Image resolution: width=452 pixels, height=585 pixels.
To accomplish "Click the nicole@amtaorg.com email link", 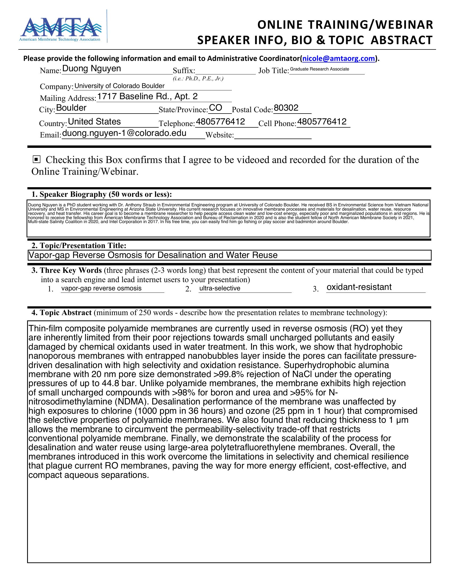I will tap(338, 59).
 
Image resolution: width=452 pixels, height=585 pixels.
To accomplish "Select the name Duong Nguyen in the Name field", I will tap(91, 69).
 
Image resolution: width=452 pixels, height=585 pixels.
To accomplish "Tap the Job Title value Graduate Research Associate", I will tap(319, 69).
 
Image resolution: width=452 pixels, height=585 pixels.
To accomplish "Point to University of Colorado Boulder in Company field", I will tap(119, 86).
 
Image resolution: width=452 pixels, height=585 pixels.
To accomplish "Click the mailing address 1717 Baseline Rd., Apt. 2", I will tap(147, 97).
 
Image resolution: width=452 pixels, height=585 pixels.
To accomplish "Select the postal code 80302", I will tap(286, 108).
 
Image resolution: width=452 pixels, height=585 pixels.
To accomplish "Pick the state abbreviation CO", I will tap(216, 108).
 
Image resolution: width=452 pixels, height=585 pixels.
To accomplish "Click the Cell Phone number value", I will tap(322, 122).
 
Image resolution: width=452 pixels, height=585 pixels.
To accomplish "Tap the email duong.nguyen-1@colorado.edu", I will tap(124, 133).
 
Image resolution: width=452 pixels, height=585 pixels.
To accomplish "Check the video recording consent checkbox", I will tap(36, 160).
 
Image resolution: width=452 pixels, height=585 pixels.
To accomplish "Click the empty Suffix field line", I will tap(225, 71).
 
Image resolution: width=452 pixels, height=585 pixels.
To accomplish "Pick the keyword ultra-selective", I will tap(220, 288).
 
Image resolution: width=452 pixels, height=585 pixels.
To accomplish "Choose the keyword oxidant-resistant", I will tap(359, 287).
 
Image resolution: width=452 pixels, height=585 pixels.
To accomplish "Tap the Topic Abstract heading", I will tap(62, 313).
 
